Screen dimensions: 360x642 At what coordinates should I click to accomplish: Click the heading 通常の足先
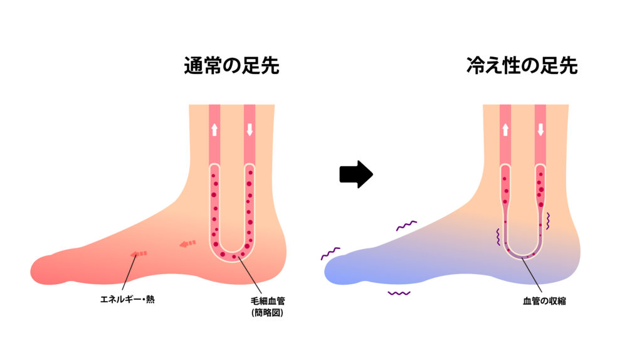(x=231, y=66)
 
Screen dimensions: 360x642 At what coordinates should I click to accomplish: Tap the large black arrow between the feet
(x=356, y=174)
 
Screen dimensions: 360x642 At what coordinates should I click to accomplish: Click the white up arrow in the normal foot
(x=214, y=130)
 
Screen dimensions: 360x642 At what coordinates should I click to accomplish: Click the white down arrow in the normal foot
(x=250, y=130)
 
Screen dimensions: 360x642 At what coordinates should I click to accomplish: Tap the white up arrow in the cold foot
(x=505, y=130)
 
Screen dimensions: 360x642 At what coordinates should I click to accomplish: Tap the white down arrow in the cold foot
(x=540, y=130)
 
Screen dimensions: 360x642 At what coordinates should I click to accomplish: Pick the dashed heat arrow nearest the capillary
(x=187, y=243)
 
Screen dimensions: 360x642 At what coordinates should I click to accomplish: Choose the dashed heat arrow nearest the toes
(x=138, y=254)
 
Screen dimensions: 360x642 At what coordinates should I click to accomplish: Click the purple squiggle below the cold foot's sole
(x=399, y=293)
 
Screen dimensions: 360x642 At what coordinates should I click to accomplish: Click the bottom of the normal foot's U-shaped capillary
(x=232, y=257)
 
